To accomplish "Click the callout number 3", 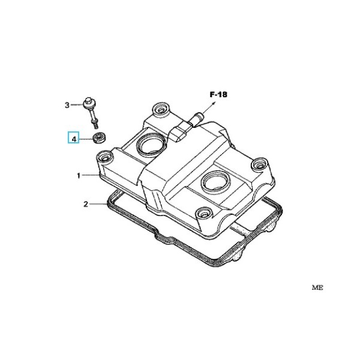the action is coord(67,105).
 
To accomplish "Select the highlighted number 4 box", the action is coord(73,137).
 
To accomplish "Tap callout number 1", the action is coord(79,176).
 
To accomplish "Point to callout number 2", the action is coord(86,204).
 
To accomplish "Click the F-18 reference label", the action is coord(218,94).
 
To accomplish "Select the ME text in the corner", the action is coord(317,287).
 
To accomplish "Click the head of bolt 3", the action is coord(88,104).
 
